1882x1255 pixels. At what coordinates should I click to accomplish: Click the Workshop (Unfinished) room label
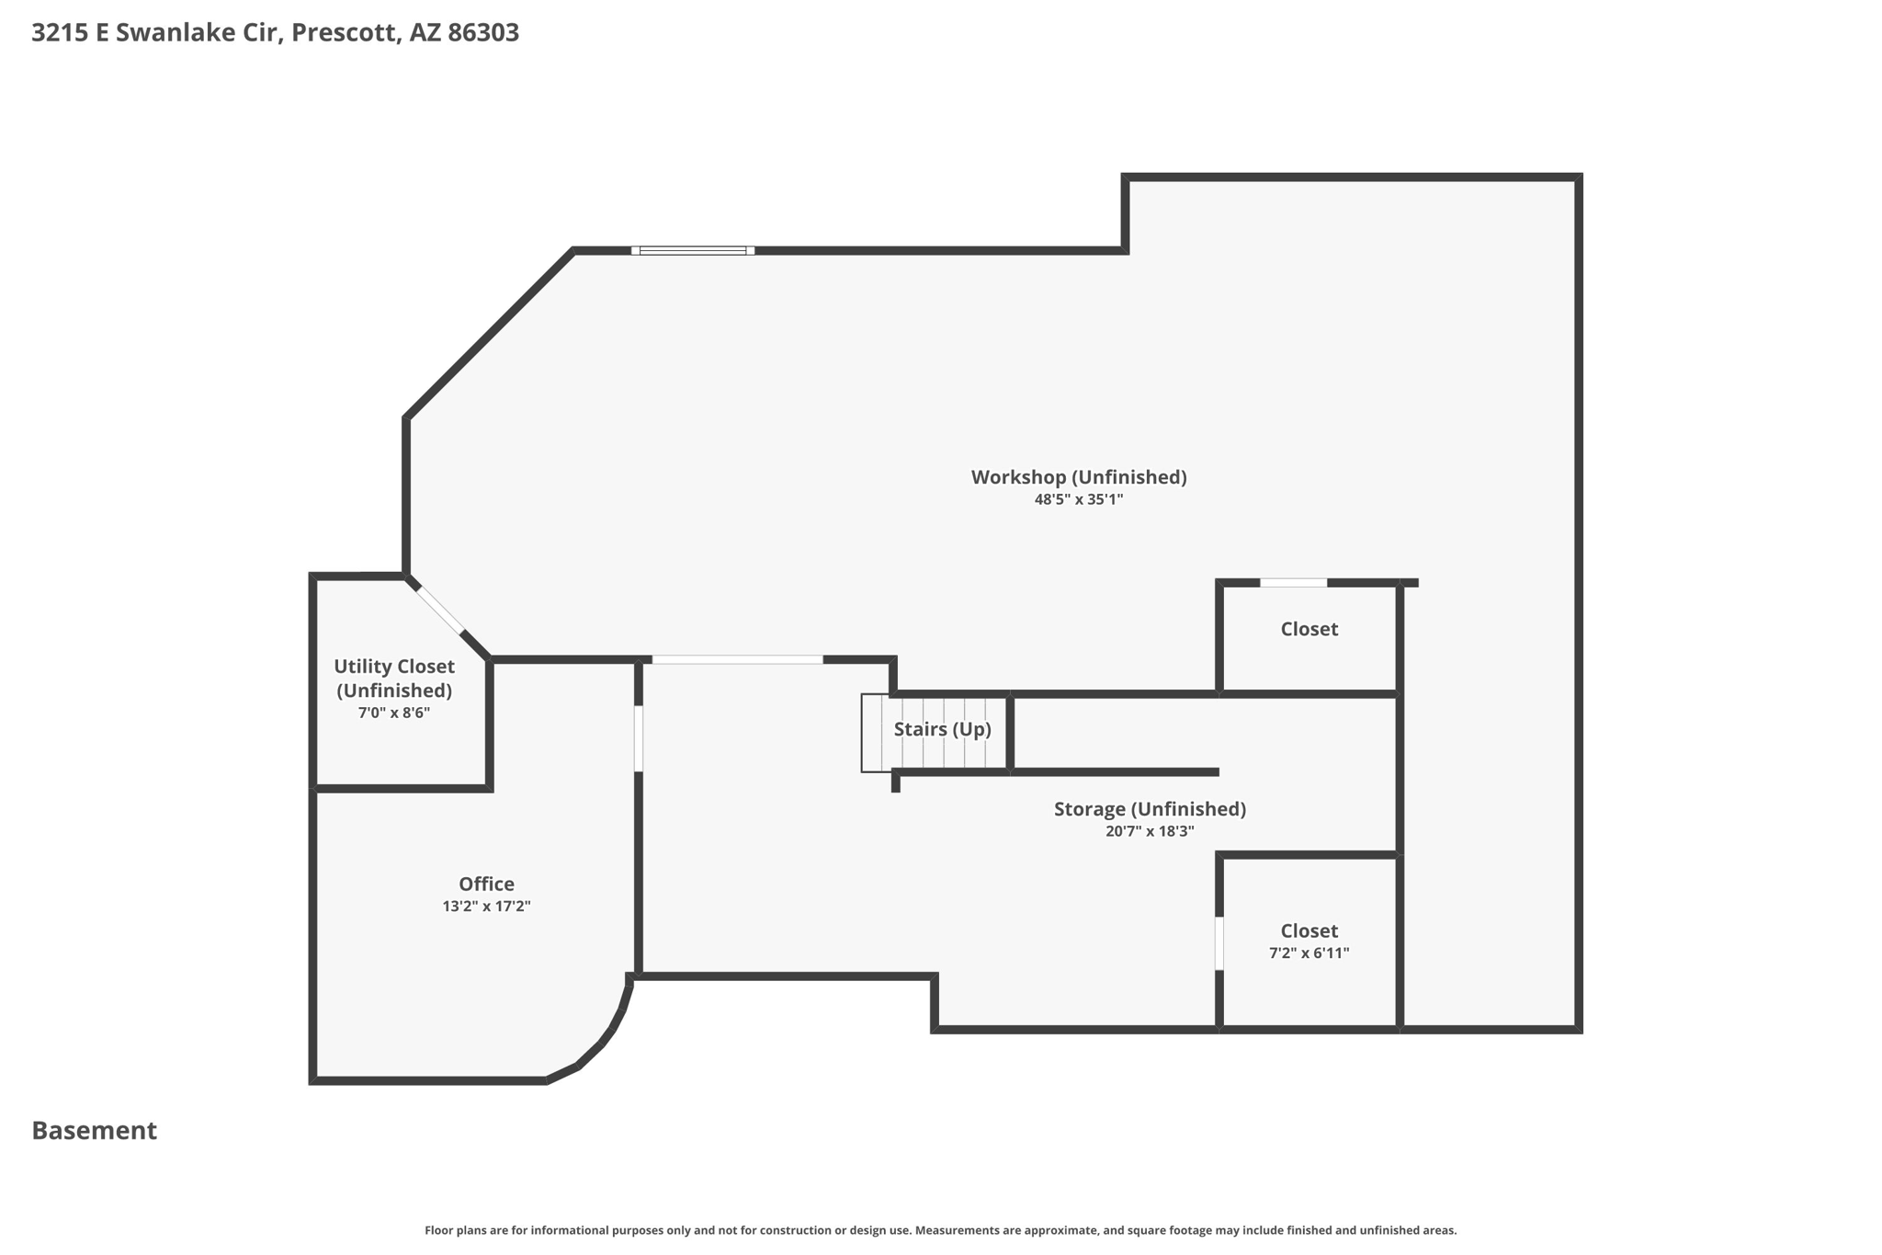pos(1079,477)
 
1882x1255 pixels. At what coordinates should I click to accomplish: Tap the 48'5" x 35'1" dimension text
pos(1079,500)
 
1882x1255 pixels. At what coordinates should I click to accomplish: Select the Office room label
pos(486,884)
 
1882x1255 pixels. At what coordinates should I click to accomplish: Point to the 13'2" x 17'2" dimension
pos(486,907)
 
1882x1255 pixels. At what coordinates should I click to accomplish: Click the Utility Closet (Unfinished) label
pos(394,678)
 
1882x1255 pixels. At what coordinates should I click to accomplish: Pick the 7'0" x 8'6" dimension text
pos(394,713)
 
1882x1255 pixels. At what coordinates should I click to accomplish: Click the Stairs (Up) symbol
pos(935,733)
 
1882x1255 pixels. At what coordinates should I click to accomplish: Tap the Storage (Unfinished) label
pos(1150,809)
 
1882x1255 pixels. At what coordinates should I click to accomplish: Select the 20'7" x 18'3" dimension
pos(1150,831)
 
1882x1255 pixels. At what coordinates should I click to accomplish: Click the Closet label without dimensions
pos(1309,629)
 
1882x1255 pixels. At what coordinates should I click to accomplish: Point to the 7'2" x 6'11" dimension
pos(1309,953)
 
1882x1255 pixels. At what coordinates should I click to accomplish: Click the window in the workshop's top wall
pos(693,250)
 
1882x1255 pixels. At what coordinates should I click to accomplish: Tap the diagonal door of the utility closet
pos(440,610)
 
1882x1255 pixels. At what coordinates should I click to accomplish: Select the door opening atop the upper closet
pos(1293,583)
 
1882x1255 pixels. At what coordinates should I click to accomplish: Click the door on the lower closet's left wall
pos(1219,943)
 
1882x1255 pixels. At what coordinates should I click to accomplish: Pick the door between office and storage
pos(639,738)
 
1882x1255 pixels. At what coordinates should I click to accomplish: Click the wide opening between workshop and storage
pos(737,659)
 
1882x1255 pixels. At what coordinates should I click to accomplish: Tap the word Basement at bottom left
pos(95,1131)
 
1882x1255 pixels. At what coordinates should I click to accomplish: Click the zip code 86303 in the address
pos(483,33)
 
